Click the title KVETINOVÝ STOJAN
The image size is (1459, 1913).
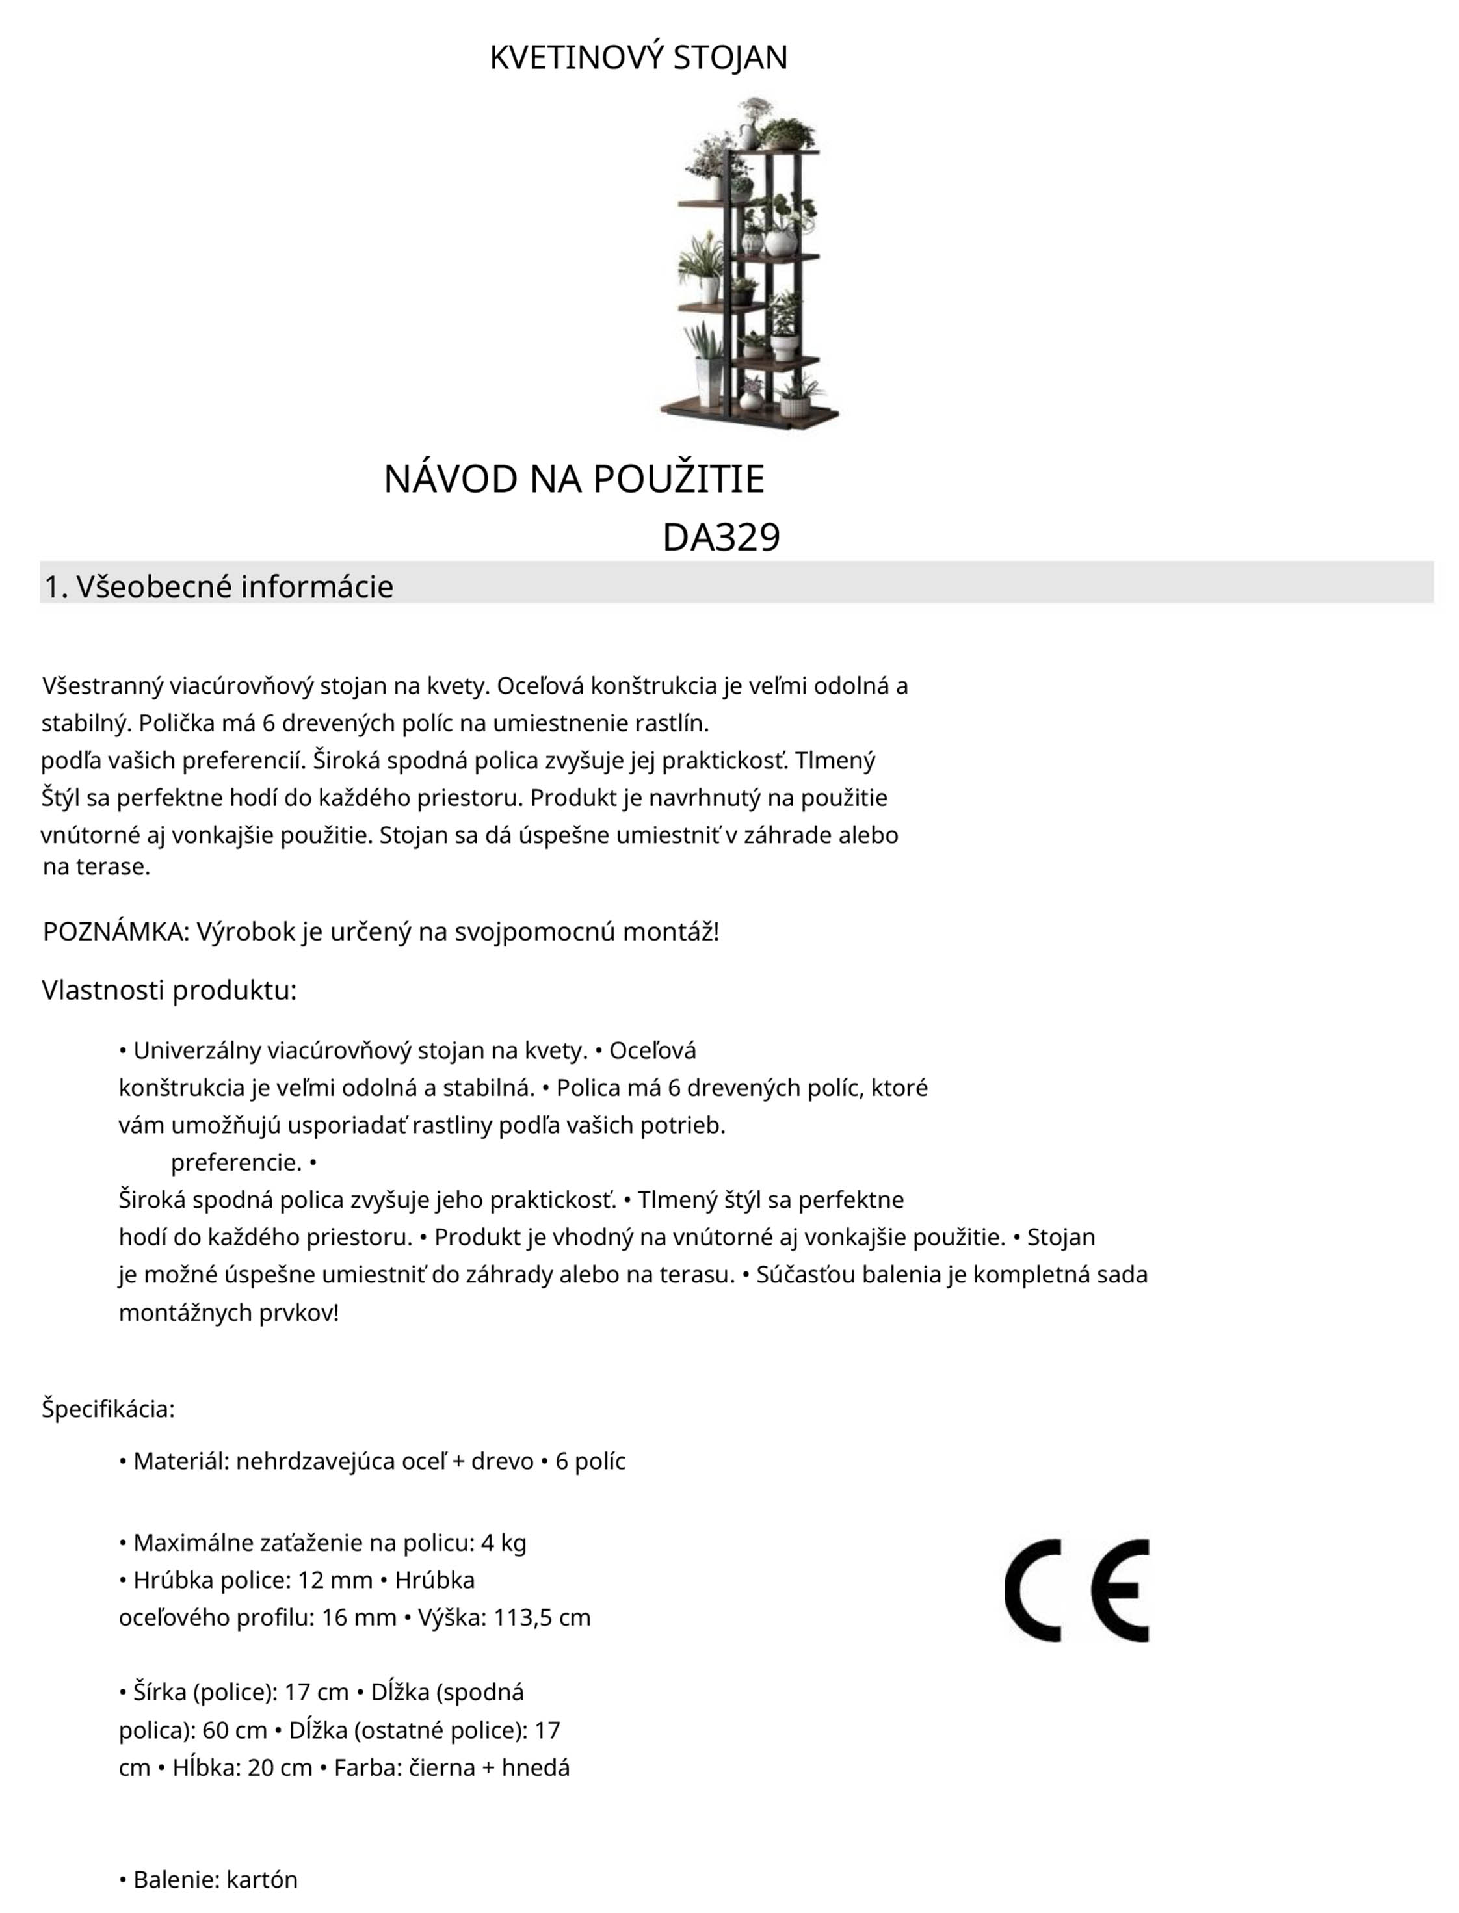pos(638,57)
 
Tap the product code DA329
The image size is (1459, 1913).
pos(721,538)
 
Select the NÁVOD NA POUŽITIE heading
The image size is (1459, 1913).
pos(574,479)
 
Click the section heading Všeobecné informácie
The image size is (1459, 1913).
pos(235,587)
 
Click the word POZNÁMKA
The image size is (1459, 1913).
pos(114,931)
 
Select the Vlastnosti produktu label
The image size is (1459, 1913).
pos(169,990)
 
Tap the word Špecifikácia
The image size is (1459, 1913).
pos(108,1409)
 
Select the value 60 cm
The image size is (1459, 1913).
pos(235,1730)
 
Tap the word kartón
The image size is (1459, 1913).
pos(261,1880)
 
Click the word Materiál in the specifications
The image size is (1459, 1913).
pos(181,1461)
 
